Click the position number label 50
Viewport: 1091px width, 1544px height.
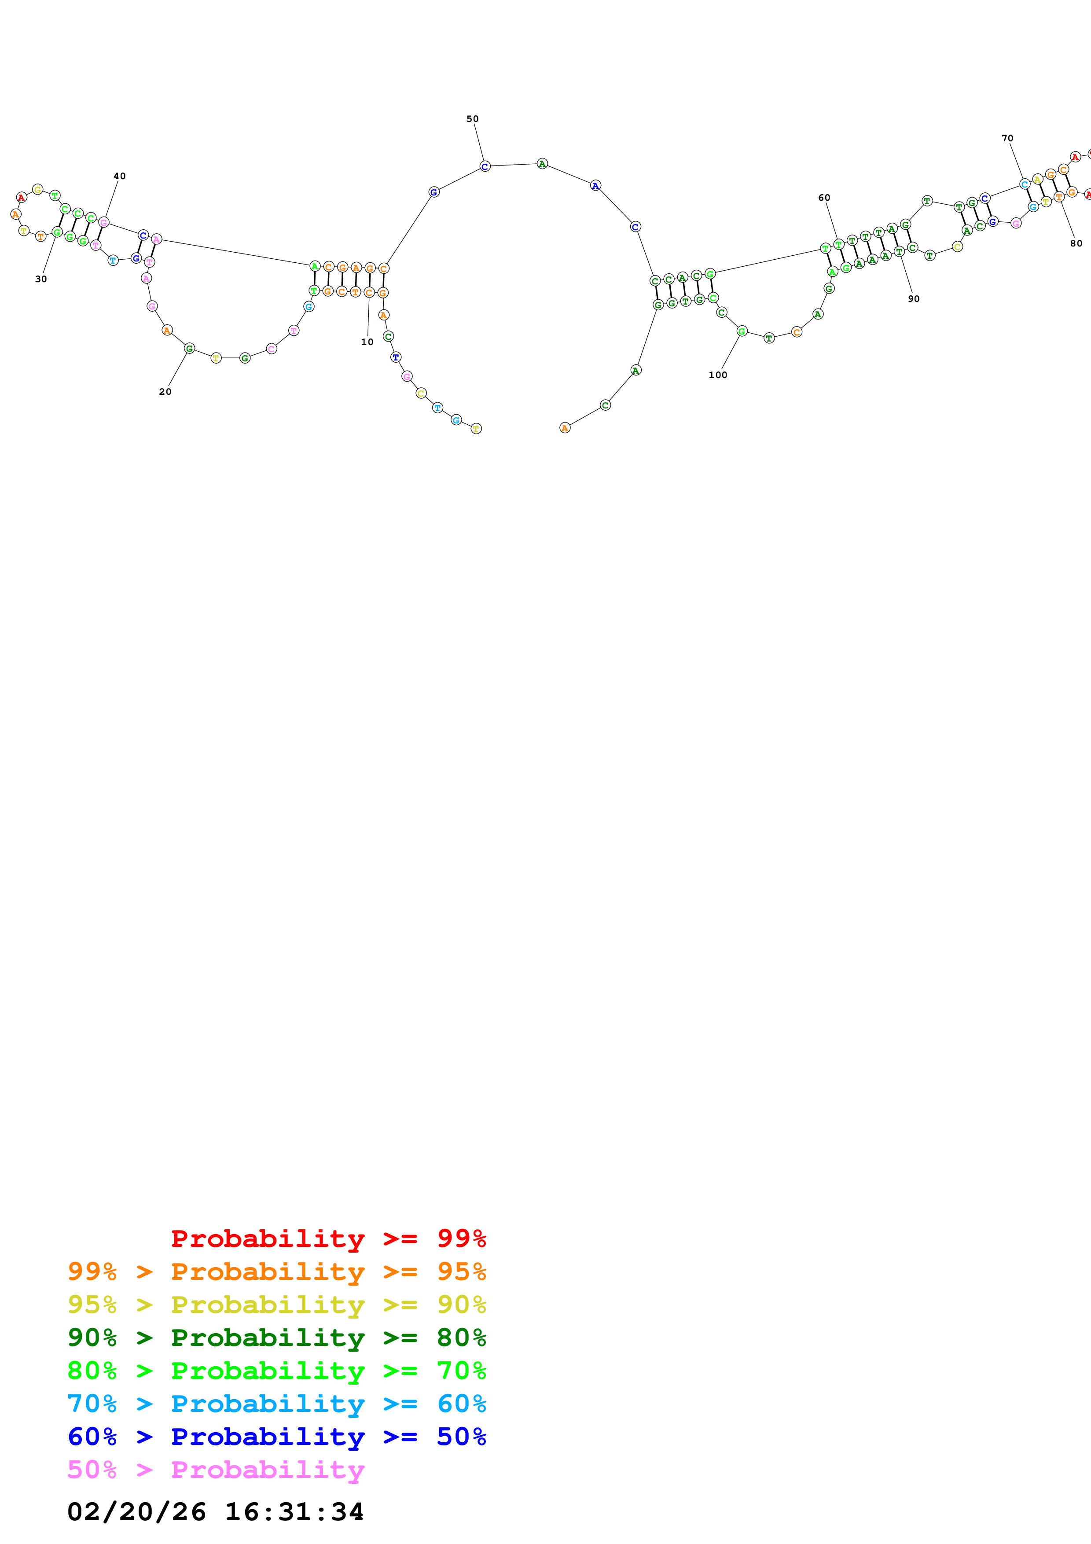473,119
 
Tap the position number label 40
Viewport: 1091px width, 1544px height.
120,176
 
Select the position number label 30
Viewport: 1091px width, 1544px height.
41,279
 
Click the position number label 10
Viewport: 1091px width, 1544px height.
367,342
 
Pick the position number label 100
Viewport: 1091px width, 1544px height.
718,375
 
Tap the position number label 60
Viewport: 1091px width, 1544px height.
824,198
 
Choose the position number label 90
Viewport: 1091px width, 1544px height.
914,298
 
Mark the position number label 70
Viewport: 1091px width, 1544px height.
1007,139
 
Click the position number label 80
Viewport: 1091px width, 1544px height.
1076,243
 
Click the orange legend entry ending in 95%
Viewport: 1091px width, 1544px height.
277,1272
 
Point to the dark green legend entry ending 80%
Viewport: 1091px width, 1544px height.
277,1338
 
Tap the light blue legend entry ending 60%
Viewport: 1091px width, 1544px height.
277,1404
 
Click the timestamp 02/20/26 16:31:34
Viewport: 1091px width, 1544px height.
216,1511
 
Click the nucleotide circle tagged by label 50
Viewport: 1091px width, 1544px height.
485,166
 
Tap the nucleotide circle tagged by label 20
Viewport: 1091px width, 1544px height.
190,348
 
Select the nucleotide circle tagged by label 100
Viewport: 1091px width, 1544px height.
742,331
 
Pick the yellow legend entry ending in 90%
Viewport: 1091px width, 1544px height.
277,1305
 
